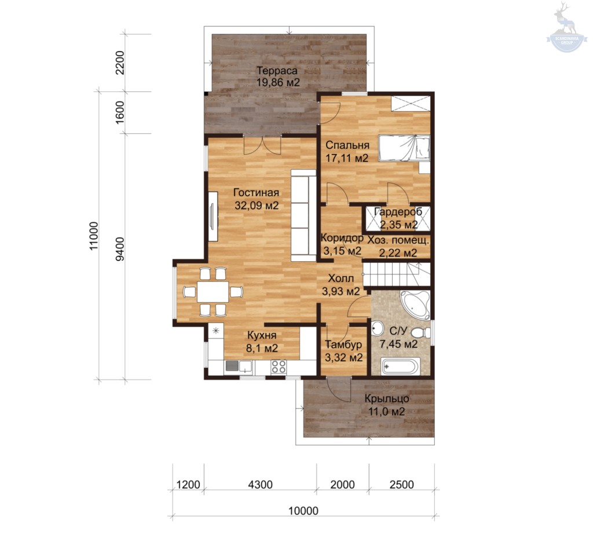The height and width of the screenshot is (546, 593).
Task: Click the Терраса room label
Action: coord(277,71)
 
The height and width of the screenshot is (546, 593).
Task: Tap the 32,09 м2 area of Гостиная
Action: coord(257,206)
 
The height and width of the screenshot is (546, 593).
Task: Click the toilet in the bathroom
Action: coord(421,333)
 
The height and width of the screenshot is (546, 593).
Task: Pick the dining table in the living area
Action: coord(213,291)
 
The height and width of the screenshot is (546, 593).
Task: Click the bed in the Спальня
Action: coord(404,148)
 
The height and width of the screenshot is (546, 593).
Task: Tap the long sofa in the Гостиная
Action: coord(303,215)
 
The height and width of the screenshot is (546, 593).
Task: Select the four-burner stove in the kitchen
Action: coord(279,367)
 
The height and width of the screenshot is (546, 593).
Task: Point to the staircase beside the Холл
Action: coord(396,275)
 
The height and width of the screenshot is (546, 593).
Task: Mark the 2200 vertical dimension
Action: coord(119,63)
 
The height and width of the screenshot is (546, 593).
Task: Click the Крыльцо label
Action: coord(387,398)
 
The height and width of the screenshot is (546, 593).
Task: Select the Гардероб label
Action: coord(398,212)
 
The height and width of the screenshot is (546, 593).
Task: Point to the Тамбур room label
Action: coord(343,345)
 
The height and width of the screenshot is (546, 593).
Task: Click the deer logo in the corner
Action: coord(566,27)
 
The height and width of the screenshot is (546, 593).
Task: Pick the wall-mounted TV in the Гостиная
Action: coord(212,216)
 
